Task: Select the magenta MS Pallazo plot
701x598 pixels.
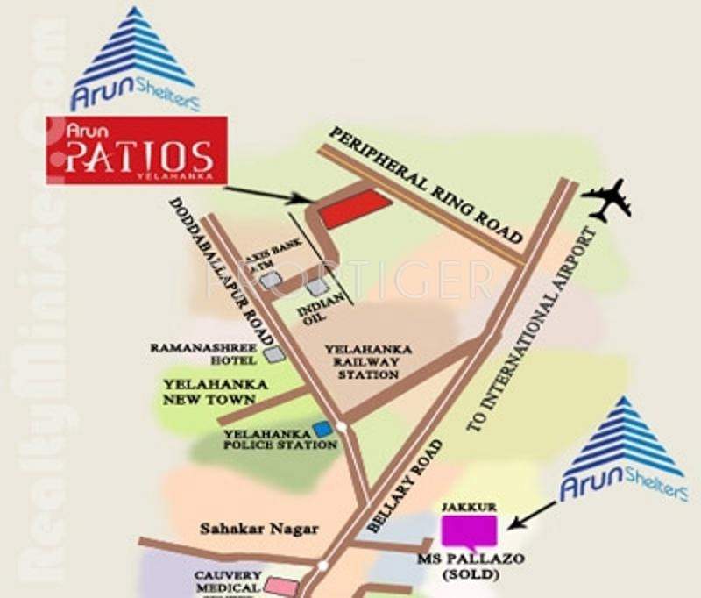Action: (x=468, y=531)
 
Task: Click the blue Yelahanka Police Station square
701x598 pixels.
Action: (x=323, y=429)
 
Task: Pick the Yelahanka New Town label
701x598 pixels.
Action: (x=209, y=392)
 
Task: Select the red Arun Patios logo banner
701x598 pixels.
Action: (x=137, y=149)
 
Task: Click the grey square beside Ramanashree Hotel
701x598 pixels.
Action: (x=275, y=354)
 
